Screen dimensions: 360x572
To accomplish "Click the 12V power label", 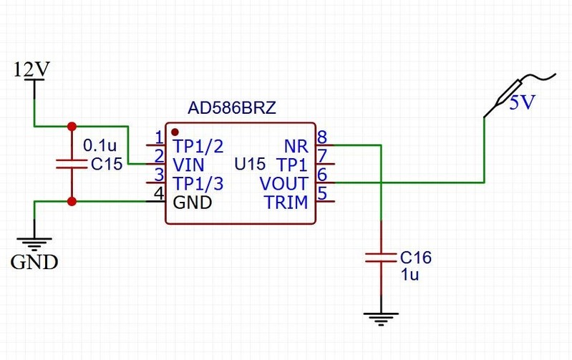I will click(31, 69).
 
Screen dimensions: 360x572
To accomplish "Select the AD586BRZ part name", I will click(231, 108).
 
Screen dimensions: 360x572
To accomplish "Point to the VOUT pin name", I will click(283, 183).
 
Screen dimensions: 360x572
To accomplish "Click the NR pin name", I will click(296, 146).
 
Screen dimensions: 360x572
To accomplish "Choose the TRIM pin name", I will click(286, 203).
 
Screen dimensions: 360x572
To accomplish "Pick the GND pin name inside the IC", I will click(193, 203).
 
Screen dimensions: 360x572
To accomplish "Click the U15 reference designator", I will click(250, 165).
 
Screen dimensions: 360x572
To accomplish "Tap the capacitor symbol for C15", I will click(71, 164).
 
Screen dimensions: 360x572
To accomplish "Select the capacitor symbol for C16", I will click(381, 256).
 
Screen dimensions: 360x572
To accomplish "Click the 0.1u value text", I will click(100, 145).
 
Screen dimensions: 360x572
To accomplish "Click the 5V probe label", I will click(522, 103).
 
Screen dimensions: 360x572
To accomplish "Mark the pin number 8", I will click(322, 137).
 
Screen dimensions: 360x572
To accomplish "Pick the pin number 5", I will click(322, 193).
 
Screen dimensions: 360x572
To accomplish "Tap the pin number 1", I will click(159, 137).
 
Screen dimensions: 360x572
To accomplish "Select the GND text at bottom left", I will click(34, 262).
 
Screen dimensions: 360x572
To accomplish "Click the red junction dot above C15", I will click(71, 127).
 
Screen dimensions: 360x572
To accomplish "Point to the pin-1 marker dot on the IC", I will click(175, 132).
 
